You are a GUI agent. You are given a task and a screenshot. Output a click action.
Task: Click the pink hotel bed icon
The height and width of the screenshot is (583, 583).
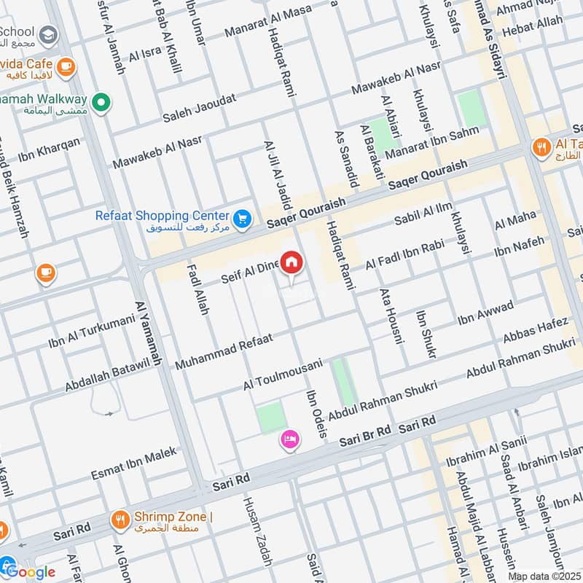(x=289, y=439)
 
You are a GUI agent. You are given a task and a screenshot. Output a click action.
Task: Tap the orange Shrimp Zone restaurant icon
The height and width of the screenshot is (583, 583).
(x=120, y=520)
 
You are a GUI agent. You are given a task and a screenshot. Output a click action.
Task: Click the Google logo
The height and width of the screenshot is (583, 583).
(x=29, y=571)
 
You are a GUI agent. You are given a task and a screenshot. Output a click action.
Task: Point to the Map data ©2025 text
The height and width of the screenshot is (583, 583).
(x=544, y=576)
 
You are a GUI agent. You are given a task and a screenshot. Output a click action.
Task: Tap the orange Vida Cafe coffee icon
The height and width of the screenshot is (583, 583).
(x=66, y=66)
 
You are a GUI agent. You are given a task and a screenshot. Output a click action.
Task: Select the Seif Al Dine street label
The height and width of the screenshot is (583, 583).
(x=250, y=273)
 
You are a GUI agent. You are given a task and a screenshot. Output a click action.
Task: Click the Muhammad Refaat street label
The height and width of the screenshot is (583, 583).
(x=223, y=350)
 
